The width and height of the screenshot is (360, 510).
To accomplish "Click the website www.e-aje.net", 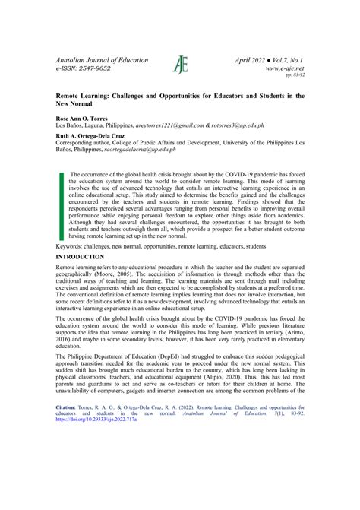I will tap(285, 68).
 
